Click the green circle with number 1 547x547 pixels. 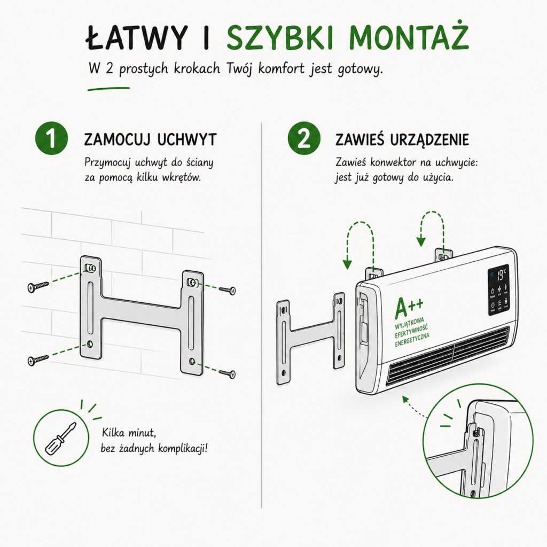pos(51,138)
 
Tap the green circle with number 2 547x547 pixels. pos(304,138)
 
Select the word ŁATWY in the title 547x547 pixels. pos(137,37)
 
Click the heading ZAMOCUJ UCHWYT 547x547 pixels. pos(150,139)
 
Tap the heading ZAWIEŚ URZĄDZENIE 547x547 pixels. pos(402,139)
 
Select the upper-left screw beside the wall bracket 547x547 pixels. pos(38,286)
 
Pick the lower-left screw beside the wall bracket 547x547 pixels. pos(38,360)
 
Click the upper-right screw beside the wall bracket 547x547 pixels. pos(228,290)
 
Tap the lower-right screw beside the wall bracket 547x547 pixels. pos(228,373)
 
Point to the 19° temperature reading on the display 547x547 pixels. pos(501,275)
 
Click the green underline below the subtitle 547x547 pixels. pos(108,89)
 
